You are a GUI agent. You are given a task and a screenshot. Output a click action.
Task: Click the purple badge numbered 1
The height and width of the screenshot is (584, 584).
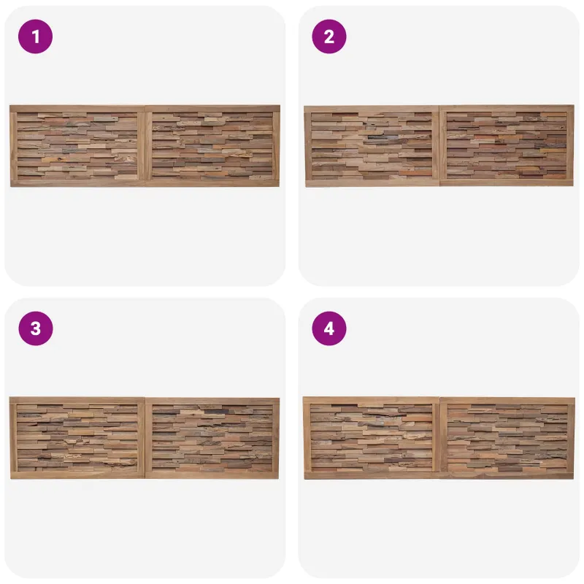click(x=35, y=36)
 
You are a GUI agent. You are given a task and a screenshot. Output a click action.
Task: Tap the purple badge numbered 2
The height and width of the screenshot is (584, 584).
click(x=329, y=36)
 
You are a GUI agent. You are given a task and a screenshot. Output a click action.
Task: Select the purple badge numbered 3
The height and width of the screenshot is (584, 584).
click(x=35, y=328)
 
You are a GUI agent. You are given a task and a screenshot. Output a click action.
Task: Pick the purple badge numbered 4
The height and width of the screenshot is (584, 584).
click(x=329, y=328)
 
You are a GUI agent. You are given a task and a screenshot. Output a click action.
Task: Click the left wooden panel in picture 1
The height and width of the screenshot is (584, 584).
click(x=77, y=146)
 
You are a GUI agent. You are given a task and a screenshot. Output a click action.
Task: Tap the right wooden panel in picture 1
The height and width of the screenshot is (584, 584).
click(x=212, y=145)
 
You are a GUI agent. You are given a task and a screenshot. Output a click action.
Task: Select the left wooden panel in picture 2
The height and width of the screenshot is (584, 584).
click(x=372, y=146)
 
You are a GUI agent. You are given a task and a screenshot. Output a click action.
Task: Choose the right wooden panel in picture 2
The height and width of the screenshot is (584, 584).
click(x=507, y=145)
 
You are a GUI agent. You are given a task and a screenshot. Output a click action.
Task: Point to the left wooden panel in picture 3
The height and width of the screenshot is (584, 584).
click(x=77, y=437)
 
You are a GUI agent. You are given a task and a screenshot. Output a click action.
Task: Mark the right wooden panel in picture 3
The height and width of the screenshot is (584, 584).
click(x=212, y=438)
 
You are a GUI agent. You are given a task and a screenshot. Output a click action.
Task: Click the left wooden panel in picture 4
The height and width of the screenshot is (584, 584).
click(x=372, y=438)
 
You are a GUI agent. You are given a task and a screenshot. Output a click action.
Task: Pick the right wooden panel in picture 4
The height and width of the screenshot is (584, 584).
click(x=507, y=438)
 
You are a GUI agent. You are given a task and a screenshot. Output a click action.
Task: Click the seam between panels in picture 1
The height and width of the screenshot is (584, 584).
click(x=145, y=146)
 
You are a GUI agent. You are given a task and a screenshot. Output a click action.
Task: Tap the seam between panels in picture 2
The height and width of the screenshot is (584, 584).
click(x=440, y=145)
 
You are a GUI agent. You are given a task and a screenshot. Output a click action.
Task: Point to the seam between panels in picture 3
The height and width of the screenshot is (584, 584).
click(x=145, y=438)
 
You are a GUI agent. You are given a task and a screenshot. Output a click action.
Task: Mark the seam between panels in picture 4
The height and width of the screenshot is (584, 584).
click(x=440, y=438)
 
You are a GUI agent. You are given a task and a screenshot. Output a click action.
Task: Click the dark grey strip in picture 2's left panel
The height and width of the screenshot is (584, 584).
click(x=383, y=137)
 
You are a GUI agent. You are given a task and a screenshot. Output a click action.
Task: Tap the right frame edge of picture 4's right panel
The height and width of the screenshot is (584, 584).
click(x=571, y=438)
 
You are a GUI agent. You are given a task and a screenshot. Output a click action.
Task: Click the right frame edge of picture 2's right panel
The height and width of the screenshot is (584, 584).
click(x=570, y=145)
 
